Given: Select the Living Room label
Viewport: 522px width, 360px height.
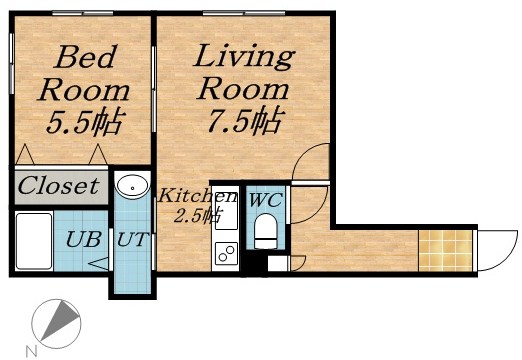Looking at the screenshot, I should (x=243, y=72).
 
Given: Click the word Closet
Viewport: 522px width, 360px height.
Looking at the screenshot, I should (x=59, y=185).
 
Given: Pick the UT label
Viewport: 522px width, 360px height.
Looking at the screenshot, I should (x=132, y=240).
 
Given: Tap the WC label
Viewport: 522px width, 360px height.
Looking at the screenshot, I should (x=265, y=200).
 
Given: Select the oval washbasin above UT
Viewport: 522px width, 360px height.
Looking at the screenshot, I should (x=131, y=186).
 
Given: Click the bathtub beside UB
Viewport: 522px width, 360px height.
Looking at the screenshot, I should (x=34, y=241).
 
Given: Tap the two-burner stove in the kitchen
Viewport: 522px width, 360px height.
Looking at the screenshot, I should (x=225, y=255).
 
